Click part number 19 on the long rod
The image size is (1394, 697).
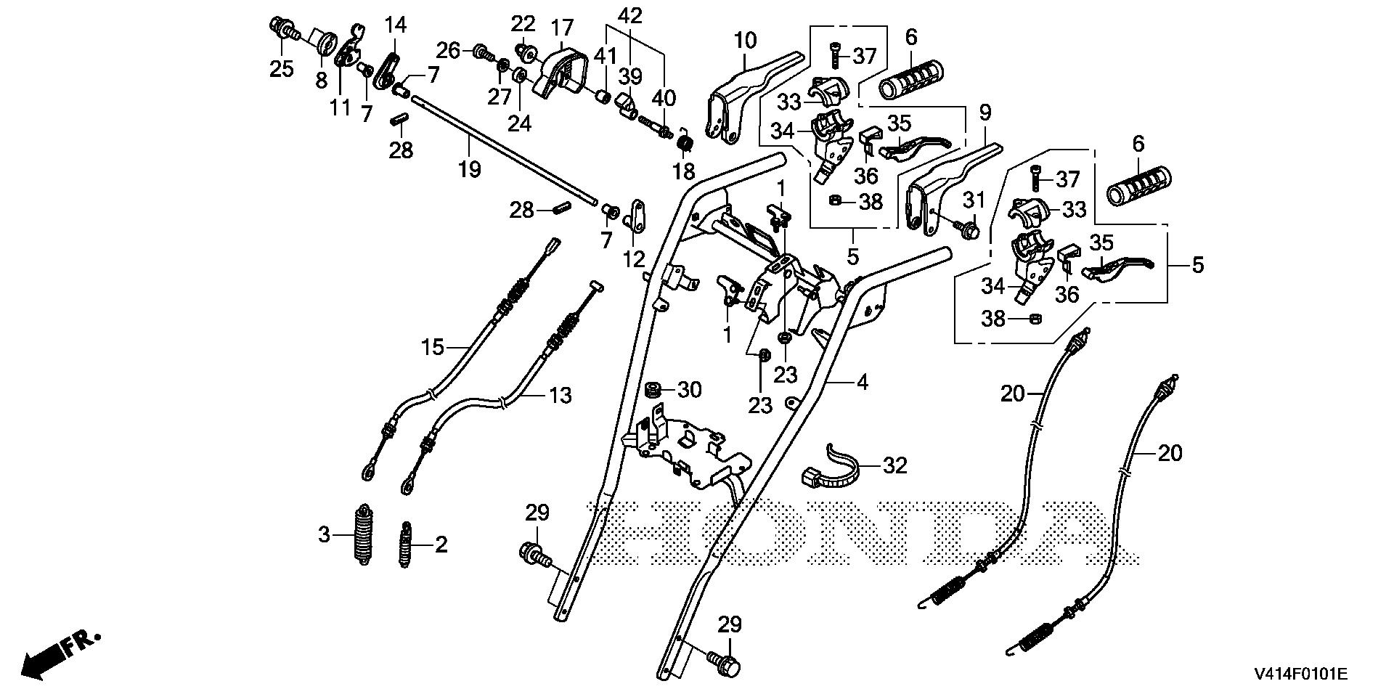click(469, 169)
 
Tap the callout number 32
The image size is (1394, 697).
click(895, 465)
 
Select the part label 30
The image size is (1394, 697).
click(689, 390)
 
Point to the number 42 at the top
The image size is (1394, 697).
click(631, 15)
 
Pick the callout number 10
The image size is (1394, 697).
click(744, 39)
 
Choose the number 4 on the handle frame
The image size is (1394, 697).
click(862, 382)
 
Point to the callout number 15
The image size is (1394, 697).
click(432, 347)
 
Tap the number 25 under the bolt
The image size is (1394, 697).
click(282, 69)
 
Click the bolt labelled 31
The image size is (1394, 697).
click(969, 229)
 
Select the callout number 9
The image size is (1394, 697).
click(984, 112)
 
